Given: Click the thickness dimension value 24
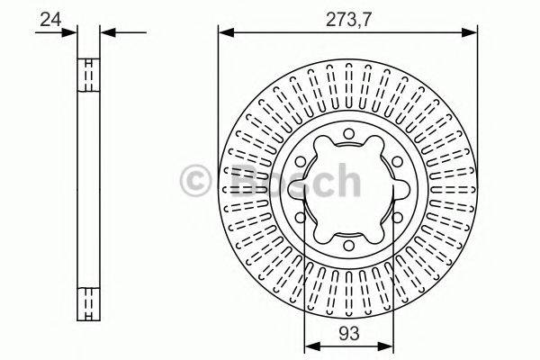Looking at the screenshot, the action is pyautogui.click(x=50, y=19).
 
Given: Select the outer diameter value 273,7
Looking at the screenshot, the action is pyautogui.click(x=349, y=20).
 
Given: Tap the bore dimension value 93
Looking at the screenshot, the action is pyautogui.click(x=349, y=334).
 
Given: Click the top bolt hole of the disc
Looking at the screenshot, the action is pyautogui.click(x=348, y=134).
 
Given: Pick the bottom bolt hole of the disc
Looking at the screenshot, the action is pyautogui.click(x=348, y=246).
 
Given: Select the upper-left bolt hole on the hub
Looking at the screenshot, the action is pyautogui.click(x=301, y=162).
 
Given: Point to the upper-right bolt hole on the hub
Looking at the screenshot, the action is pyautogui.click(x=397, y=162).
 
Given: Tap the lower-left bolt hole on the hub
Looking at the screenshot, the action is pyautogui.click(x=301, y=218).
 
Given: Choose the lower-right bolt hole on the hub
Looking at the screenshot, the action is pyautogui.click(x=397, y=218).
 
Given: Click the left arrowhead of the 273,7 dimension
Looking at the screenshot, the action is pyautogui.click(x=226, y=32).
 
